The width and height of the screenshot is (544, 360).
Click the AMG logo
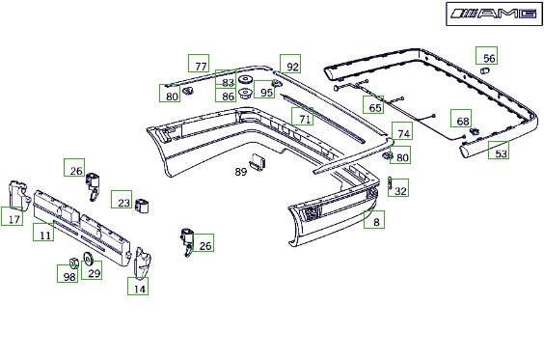494,14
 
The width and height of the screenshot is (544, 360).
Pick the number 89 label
241,172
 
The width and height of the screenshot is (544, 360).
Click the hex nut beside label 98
73,263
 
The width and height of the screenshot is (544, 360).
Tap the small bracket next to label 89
258,162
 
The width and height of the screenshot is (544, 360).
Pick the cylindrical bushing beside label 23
142,206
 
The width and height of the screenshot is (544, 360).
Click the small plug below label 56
484,70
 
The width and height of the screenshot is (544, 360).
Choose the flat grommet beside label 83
246,80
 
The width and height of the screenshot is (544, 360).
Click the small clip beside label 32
390,183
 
